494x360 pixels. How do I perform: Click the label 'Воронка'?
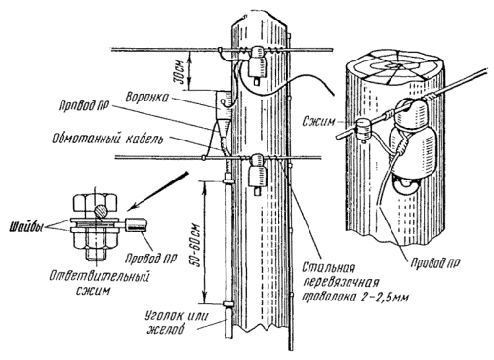147,97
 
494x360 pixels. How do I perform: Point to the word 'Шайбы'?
25,227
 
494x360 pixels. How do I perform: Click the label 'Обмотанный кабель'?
106,139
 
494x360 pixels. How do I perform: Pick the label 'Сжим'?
319,121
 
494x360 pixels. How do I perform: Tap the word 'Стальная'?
328,268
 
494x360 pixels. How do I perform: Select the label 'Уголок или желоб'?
177,322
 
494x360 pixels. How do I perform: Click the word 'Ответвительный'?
100,277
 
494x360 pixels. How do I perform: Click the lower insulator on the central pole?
257,175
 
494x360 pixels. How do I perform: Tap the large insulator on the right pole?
413,140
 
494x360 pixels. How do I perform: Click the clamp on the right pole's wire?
363,128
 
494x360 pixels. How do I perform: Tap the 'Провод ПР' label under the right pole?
435,262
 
